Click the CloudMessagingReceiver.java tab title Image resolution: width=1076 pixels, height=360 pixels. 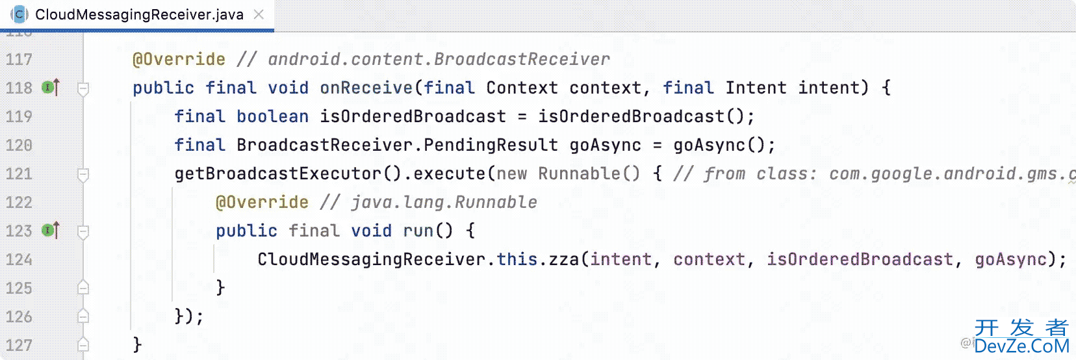pos(139,15)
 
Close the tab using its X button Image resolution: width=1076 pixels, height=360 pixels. pos(259,14)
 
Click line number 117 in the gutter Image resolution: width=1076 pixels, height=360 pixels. pos(19,60)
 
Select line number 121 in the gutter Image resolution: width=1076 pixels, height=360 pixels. pos(19,174)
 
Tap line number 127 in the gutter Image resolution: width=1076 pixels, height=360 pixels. pos(19,346)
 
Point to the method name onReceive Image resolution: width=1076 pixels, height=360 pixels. pos(366,88)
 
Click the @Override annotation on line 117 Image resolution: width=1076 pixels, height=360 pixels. pos(179,60)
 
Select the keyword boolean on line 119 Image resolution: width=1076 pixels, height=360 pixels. pos(272,117)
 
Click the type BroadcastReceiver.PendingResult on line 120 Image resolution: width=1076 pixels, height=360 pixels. pos(397,146)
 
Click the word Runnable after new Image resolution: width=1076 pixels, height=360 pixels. pos(579,174)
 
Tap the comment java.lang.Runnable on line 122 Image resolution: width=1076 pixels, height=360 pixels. pos(444,203)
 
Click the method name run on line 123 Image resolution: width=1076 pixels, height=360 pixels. pos(418,231)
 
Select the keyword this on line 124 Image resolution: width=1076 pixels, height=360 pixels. pos(517,260)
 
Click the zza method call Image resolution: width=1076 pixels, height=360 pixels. pos(563,260)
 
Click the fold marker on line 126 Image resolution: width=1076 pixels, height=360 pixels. pos(83,316)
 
